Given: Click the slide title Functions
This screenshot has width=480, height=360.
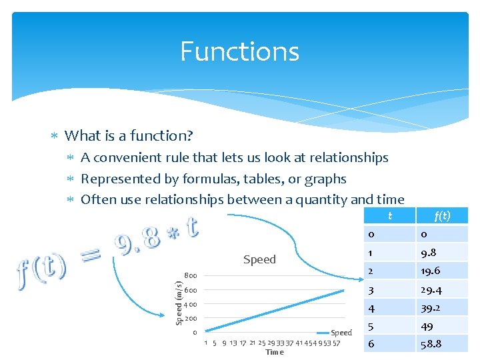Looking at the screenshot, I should pyautogui.click(x=239, y=51).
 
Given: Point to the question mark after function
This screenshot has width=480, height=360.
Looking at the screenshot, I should pyautogui.click(x=190, y=136).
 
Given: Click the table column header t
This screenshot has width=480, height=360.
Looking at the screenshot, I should pyautogui.click(x=390, y=215).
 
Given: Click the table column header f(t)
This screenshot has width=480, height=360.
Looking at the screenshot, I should pyautogui.click(x=442, y=215).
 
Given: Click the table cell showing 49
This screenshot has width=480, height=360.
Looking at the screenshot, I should pyautogui.click(x=428, y=327).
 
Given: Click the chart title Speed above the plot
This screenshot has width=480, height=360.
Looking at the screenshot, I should pyautogui.click(x=259, y=259).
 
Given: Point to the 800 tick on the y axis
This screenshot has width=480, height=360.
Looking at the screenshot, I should pyautogui.click(x=190, y=275).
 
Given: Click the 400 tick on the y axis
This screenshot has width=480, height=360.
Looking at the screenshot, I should pyautogui.click(x=190, y=304).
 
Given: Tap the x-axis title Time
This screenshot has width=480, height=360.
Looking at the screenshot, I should pyautogui.click(x=275, y=352).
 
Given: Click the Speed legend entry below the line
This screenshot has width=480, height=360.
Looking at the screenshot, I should pyautogui.click(x=341, y=333).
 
